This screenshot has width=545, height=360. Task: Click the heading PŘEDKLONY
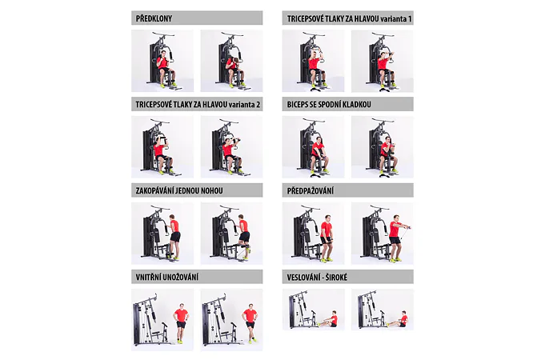tap(154, 18)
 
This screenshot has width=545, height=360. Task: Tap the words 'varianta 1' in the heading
tap(396, 18)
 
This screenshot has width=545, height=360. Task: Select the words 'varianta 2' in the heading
tap(244, 105)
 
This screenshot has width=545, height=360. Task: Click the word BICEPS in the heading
tap(297, 105)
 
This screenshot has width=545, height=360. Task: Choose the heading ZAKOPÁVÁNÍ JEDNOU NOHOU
tap(179, 190)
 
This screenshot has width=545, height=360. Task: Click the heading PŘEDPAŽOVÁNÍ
tap(311, 190)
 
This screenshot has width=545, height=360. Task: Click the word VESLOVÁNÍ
tap(302, 278)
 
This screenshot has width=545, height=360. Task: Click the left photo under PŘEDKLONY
tap(162, 61)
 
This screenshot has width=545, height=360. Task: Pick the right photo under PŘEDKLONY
tap(231, 61)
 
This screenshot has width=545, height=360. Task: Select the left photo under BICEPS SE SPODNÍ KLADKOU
tap(313, 147)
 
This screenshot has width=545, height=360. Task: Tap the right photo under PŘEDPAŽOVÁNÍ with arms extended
tap(383, 234)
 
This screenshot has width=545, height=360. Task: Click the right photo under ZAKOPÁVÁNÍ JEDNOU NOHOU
tap(231, 234)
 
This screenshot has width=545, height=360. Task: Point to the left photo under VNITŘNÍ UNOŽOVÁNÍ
tap(162, 320)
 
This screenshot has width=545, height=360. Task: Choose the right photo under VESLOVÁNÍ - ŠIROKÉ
tap(383, 310)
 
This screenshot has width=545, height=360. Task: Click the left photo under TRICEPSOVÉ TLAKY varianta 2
tap(162, 147)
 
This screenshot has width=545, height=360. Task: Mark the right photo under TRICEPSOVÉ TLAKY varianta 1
tap(383, 61)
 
